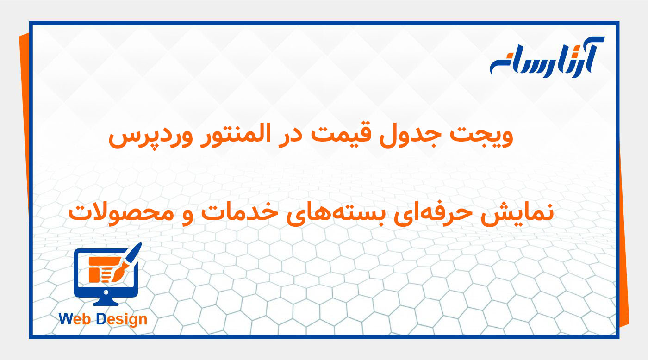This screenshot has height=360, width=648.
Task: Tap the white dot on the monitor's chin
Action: point(106,292)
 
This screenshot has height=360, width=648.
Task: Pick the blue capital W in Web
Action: point(65,319)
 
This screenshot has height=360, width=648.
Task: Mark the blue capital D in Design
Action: point(101,319)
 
